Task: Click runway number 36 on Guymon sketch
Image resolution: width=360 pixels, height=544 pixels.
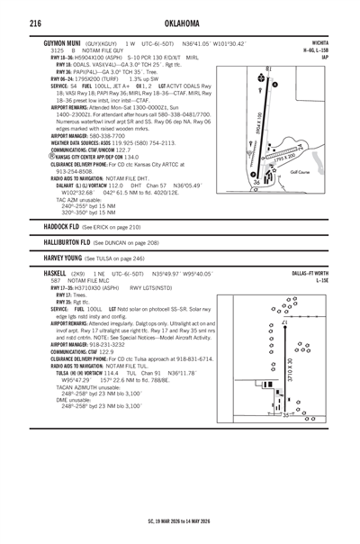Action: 257,182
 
